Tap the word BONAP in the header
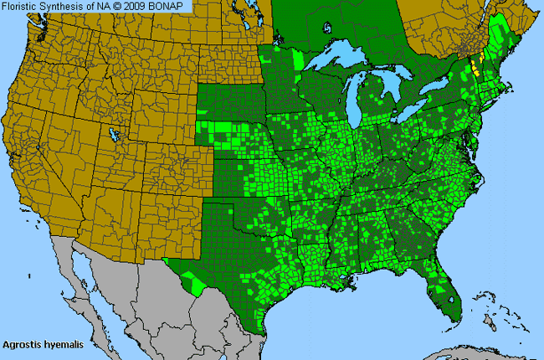pos(172,6)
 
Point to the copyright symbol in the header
pos(123,6)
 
